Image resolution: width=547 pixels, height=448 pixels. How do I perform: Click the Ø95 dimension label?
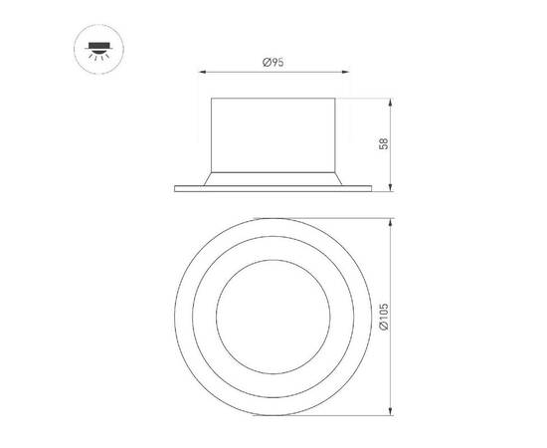tap(273, 63)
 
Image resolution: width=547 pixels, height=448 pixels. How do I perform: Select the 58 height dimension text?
tap(384, 143)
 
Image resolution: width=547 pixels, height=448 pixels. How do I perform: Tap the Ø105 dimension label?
tap(384, 318)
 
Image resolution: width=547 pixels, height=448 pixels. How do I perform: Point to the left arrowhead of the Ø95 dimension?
tap(204, 72)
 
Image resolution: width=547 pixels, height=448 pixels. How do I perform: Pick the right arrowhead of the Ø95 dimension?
tap(344, 72)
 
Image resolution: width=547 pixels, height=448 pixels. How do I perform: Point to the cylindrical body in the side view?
tap(273, 134)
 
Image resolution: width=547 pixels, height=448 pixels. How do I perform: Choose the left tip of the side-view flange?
tap(175, 187)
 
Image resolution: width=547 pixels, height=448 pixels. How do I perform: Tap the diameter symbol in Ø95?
tap(267, 63)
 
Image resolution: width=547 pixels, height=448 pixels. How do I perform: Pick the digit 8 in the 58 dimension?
tap(384, 140)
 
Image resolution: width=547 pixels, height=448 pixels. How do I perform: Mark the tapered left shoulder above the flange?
tap(206, 177)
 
